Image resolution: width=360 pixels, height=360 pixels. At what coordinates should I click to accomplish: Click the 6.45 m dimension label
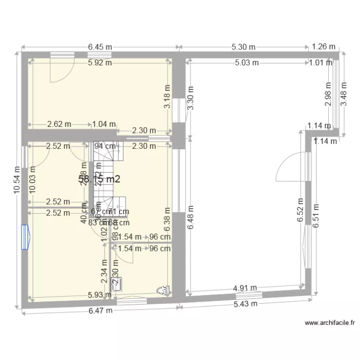tap(100, 47)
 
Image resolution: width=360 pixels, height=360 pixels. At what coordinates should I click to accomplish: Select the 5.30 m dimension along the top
tap(243, 47)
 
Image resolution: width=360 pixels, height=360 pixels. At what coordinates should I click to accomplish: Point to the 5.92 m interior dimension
tap(100, 62)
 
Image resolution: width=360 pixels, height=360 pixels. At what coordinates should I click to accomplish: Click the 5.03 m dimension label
tap(247, 62)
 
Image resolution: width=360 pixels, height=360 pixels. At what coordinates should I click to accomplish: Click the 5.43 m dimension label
tap(246, 304)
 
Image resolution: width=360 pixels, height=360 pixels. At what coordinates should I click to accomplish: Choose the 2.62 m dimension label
tap(60, 124)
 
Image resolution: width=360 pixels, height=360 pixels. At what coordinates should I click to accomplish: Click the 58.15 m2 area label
tap(99, 179)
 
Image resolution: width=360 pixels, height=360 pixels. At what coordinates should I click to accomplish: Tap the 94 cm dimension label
tap(104, 146)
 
